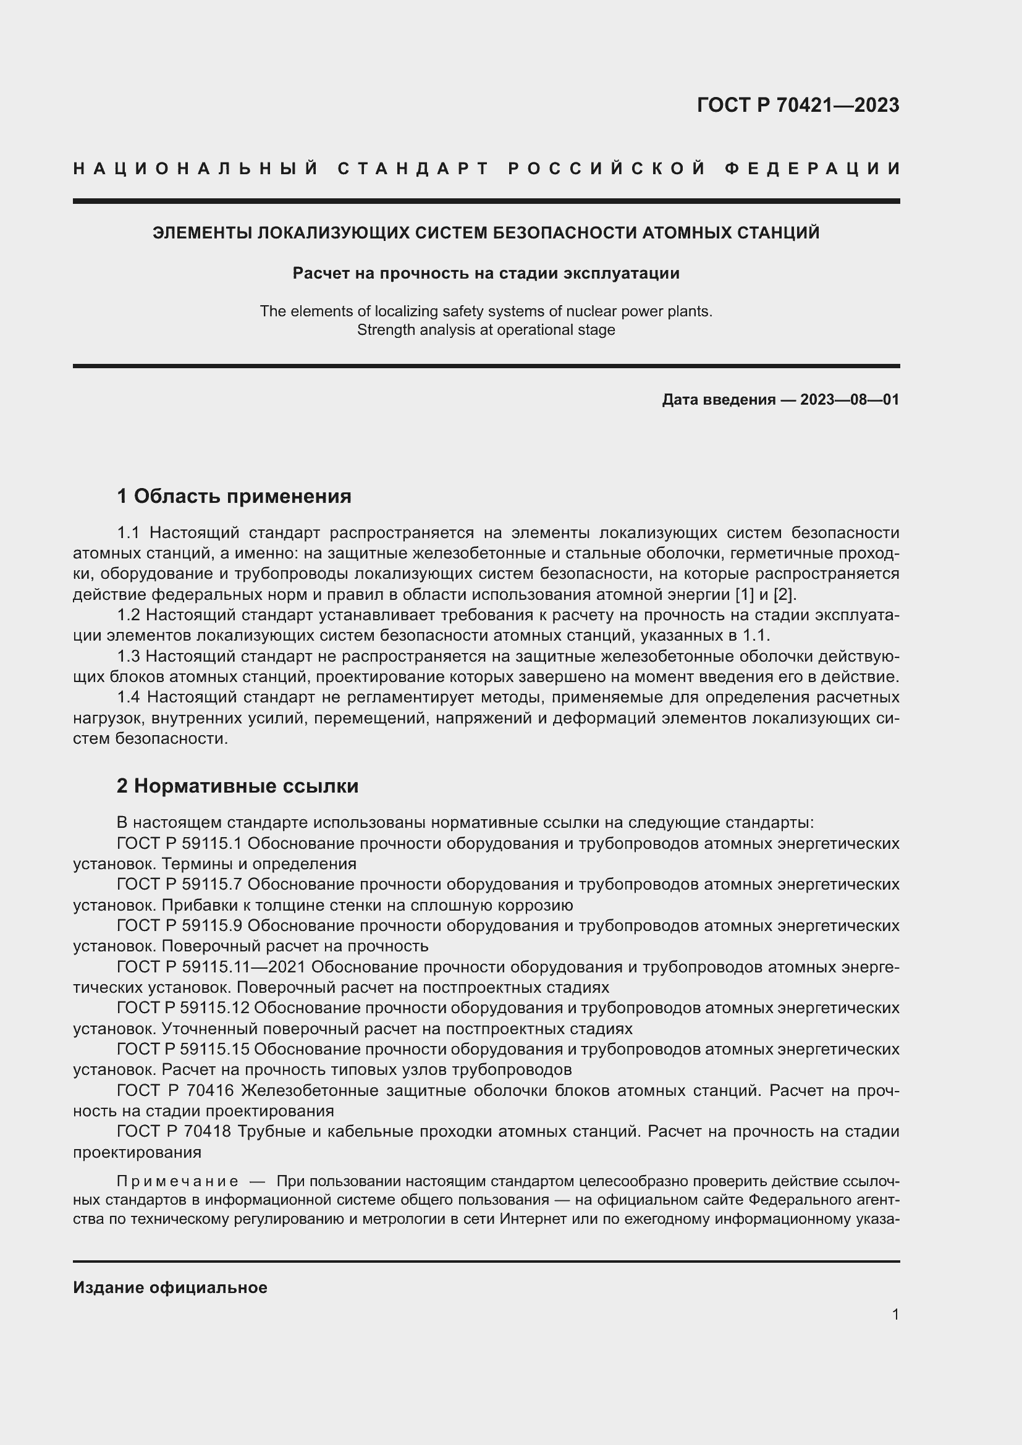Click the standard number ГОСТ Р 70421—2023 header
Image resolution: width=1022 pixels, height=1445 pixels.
pos(797,105)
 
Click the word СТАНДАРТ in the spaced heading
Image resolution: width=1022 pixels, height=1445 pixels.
pos(413,169)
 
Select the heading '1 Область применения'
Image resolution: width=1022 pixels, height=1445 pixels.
pos(234,496)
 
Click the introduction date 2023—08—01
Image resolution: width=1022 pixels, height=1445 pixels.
pos(850,400)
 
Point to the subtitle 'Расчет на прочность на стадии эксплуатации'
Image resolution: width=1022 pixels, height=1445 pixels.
pos(486,273)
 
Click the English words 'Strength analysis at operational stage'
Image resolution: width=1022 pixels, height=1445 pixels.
pos(486,330)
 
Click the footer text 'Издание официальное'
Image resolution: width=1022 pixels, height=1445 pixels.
pos(170,1287)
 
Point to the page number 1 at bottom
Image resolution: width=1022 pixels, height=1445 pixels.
pos(895,1314)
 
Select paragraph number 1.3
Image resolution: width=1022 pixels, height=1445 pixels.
pos(129,657)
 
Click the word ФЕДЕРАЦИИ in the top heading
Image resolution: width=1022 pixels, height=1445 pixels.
pos(812,169)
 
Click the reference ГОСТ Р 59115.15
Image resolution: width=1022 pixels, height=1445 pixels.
pos(183,1049)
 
